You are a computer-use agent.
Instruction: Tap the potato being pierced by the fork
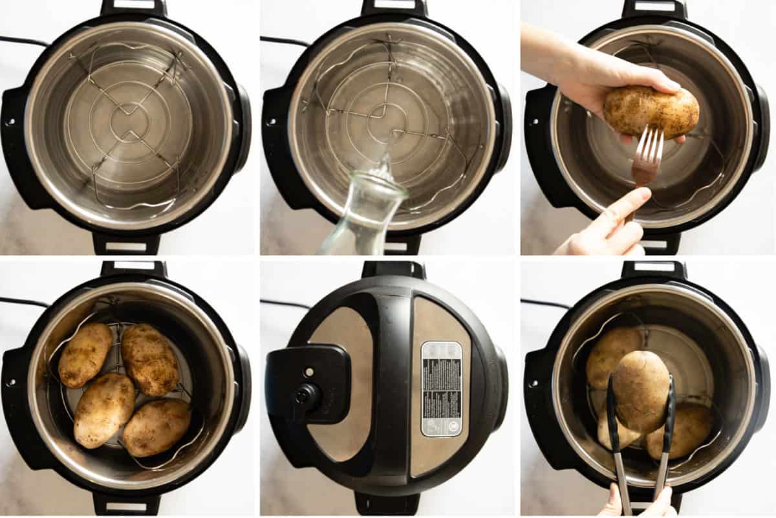click(651, 111)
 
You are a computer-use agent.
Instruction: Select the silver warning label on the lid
click(442, 388)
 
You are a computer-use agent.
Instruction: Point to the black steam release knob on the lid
click(307, 394)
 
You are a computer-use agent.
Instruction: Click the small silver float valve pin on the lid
click(308, 372)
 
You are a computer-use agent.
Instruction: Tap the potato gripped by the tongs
click(641, 391)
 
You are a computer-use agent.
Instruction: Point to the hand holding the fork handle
click(611, 226)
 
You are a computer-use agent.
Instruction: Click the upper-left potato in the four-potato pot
click(85, 355)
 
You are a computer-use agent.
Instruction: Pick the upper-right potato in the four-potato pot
click(150, 359)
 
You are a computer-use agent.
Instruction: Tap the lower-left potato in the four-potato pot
click(103, 409)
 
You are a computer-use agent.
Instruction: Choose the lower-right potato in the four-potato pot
click(156, 427)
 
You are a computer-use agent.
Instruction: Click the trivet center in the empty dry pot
click(129, 122)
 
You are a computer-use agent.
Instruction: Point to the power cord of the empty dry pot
click(23, 41)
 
